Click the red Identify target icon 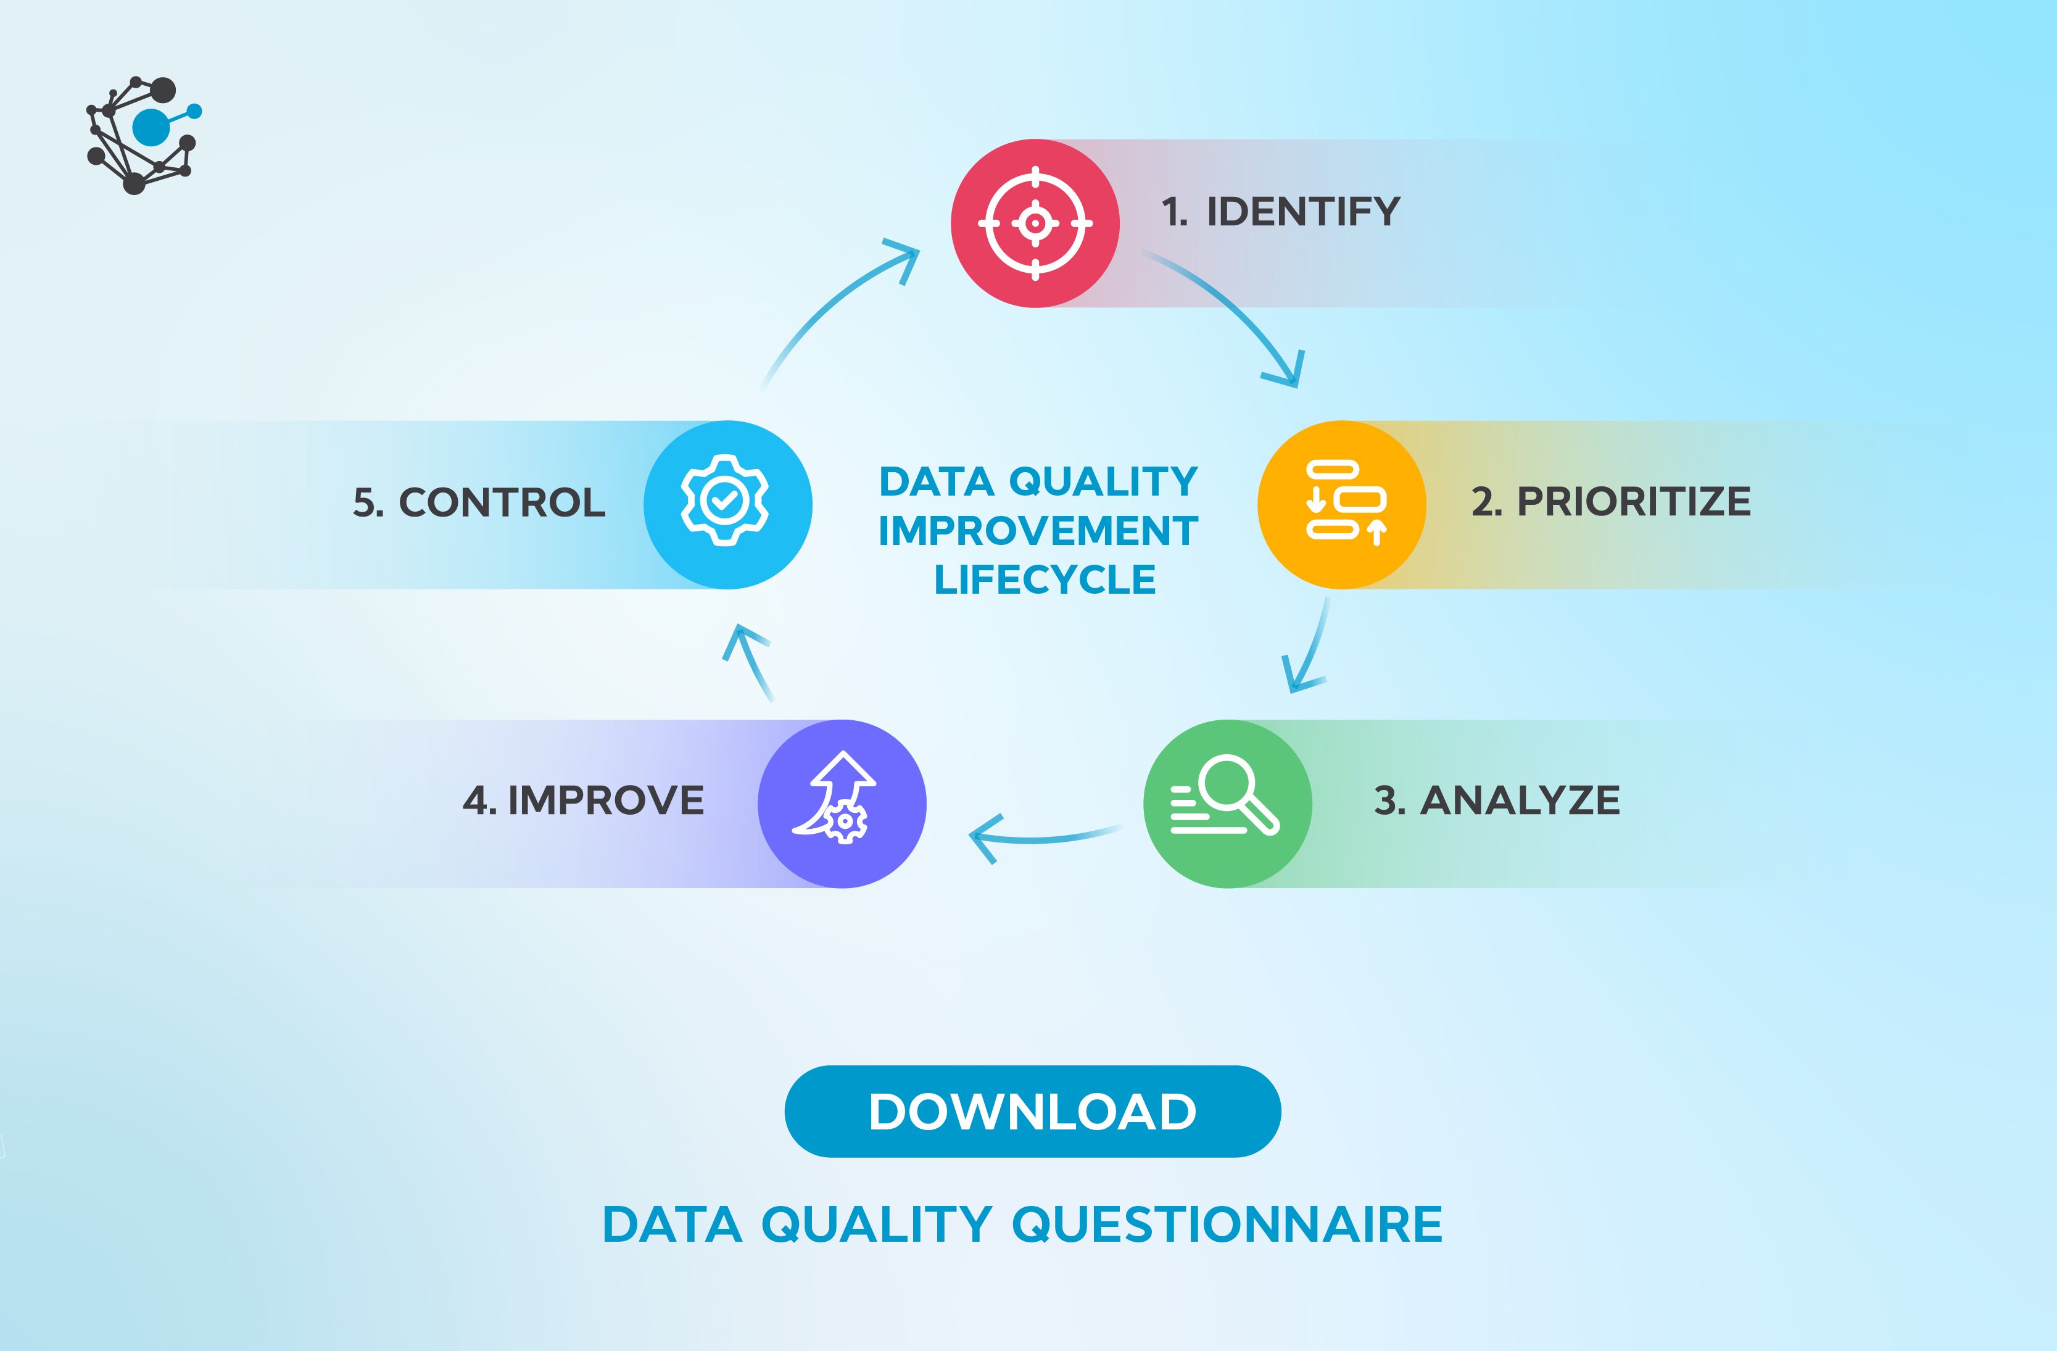tap(1035, 223)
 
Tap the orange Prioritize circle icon tap(1341, 505)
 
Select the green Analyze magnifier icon tap(1227, 803)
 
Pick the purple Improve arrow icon tap(842, 803)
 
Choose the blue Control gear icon tap(728, 505)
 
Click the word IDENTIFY tap(1302, 212)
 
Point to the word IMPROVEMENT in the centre tap(1038, 531)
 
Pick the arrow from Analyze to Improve tap(1037, 837)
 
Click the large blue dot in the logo tap(151, 127)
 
